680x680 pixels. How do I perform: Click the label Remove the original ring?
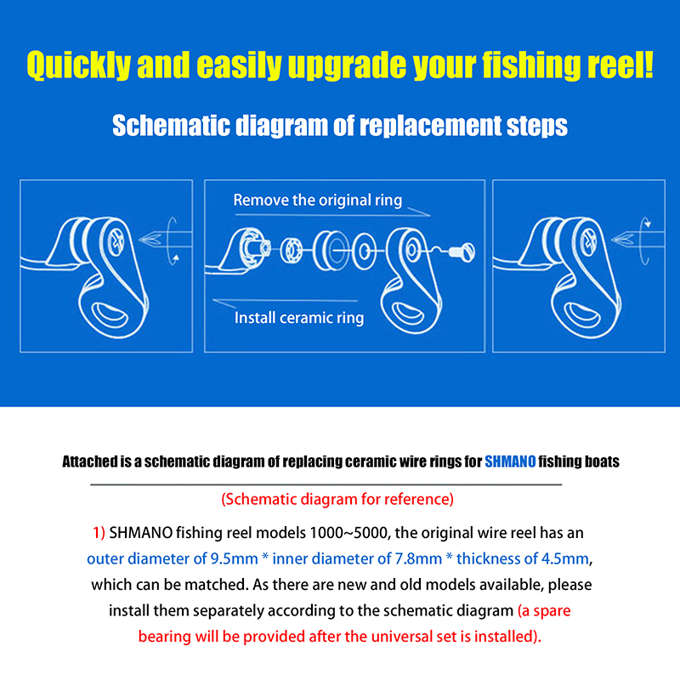coord(317,201)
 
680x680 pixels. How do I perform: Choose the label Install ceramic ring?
coord(298,318)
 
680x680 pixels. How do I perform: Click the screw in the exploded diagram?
coord(461,252)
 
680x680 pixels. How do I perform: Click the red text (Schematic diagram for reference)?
coord(337,499)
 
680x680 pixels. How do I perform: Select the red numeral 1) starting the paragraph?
coord(99,534)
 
